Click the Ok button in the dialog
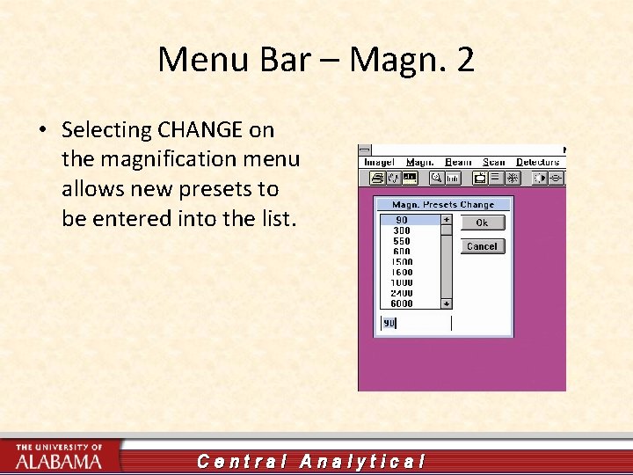482,223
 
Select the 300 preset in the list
401,230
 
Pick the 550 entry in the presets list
401,241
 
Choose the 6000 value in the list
402,303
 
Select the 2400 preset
402,293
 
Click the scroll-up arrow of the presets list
446,220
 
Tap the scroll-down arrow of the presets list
446,303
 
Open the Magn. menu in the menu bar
419,163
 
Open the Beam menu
458,163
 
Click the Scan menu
494,163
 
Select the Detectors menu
538,163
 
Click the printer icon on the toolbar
377,178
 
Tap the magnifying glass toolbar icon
434,178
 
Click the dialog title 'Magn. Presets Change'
443,205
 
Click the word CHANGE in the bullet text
200,130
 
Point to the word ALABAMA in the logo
59,461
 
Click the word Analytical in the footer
362,461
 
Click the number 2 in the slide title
465,60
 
